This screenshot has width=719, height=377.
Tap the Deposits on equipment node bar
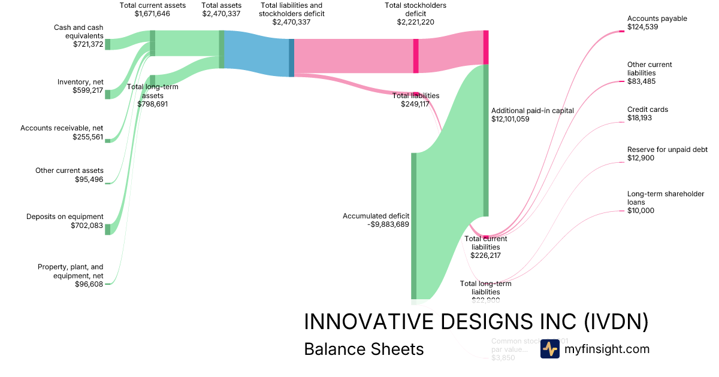108,229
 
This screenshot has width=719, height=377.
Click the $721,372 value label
88,44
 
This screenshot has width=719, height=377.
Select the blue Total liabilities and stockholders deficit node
292,57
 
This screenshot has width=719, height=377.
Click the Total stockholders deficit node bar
416,56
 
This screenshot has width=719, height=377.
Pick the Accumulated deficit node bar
413,225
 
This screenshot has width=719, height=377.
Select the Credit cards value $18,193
639,118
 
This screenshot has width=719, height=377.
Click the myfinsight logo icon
549,349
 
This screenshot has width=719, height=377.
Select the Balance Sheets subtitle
364,349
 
